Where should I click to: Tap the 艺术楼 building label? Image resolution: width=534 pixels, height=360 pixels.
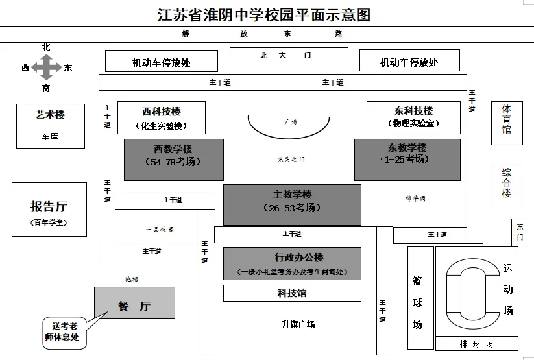(x=51, y=115)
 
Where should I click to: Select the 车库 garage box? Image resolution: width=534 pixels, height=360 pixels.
(x=51, y=137)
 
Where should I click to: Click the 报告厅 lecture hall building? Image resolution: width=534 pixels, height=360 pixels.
(x=49, y=209)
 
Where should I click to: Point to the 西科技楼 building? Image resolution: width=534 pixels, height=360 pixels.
(x=162, y=117)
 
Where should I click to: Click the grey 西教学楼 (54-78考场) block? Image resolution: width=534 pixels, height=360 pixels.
(x=173, y=160)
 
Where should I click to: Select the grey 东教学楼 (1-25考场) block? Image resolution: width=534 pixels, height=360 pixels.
(x=407, y=160)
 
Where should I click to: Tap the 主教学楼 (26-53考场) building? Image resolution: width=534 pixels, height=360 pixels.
(x=292, y=204)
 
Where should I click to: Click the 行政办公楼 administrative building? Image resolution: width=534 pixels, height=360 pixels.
(x=292, y=263)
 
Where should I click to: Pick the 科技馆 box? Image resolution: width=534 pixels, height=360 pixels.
(x=292, y=293)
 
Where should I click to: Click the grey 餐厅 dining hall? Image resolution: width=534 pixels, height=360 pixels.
(x=134, y=303)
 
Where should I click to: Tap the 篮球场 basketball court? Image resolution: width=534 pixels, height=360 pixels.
(x=417, y=301)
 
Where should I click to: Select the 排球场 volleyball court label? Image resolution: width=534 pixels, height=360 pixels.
(x=476, y=343)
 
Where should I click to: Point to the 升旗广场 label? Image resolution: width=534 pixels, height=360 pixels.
(x=298, y=324)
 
